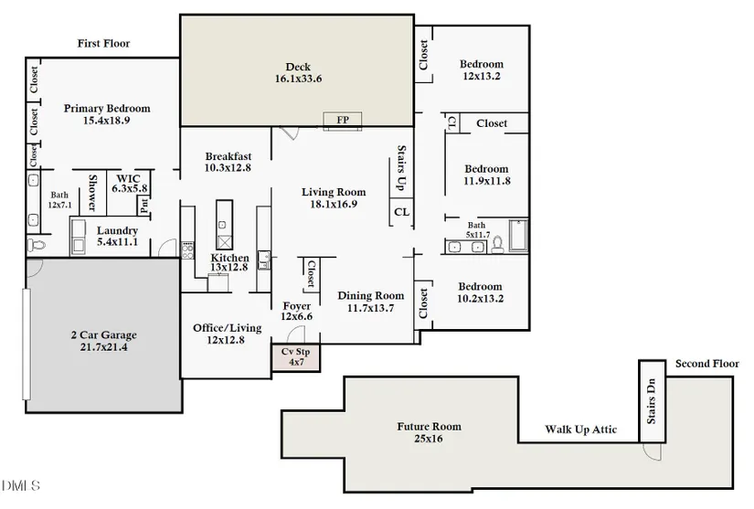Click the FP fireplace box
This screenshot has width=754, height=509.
pos(343,120)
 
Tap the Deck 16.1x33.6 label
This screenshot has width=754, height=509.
pos(298,72)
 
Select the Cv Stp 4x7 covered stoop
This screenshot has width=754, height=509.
pos(296,357)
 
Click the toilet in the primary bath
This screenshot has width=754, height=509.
pos(36,245)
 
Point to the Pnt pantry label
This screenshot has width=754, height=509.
pos(144,207)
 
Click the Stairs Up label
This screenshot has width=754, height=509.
pos(401,168)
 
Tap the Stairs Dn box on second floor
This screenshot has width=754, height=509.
pos(652,401)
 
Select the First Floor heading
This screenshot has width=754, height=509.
pos(103,43)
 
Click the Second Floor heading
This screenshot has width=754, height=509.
pos(706,364)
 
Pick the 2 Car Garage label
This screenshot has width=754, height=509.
pos(104,341)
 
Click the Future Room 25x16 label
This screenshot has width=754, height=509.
pos(429,432)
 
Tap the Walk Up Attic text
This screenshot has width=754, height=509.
pos(580,429)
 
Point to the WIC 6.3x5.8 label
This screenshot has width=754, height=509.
pos(130,184)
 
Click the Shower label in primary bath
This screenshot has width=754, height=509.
pos(92,192)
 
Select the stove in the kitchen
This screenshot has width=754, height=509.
pos(187,250)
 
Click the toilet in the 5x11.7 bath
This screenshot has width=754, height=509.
pos(497,244)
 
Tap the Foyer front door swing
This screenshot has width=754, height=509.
pos(296,334)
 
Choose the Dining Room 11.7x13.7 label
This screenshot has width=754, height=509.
pos(371,302)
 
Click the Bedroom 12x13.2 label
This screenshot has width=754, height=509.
pos(482,69)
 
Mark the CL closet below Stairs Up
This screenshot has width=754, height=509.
pos(401,212)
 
